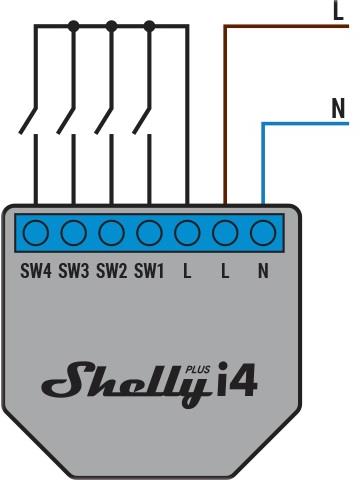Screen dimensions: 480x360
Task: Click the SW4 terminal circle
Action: [36, 234]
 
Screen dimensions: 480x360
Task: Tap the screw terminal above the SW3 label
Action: [74, 234]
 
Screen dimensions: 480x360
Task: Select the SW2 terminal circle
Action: [112, 234]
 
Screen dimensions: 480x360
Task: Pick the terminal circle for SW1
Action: [150, 234]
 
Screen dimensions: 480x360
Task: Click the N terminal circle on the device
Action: [263, 234]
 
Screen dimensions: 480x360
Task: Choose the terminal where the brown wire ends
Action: [225, 234]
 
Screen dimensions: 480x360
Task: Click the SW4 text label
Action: [36, 270]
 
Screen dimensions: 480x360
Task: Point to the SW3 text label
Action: [74, 270]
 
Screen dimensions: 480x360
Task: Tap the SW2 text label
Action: [112, 270]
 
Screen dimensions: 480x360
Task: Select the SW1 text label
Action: [150, 270]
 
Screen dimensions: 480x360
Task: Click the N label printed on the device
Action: [263, 270]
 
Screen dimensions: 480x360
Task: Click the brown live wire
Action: [225, 110]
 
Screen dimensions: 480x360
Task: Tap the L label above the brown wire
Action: [337, 11]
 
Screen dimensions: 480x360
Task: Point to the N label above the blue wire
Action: [337, 107]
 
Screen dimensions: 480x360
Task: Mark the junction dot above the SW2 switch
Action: [112, 28]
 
